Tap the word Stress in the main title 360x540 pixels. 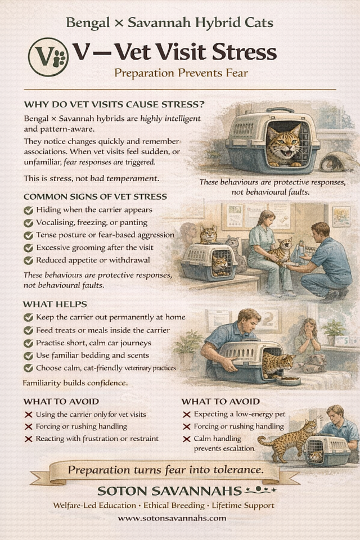click(244, 52)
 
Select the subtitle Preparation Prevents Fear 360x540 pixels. click(181, 73)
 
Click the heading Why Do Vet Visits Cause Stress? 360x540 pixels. click(114, 105)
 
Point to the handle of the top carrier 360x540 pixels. click(281, 111)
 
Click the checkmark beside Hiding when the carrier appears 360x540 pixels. click(28, 210)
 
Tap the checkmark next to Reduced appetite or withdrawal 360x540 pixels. click(28, 260)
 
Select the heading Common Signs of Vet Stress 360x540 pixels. click(96, 197)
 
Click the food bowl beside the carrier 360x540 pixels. click(288, 380)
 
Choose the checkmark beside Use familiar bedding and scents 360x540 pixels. click(28, 355)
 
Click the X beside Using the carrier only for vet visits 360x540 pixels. click(29, 415)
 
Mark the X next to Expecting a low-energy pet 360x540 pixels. click(186, 415)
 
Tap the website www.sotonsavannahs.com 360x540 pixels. click(172, 518)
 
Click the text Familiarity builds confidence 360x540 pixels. click(75, 383)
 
